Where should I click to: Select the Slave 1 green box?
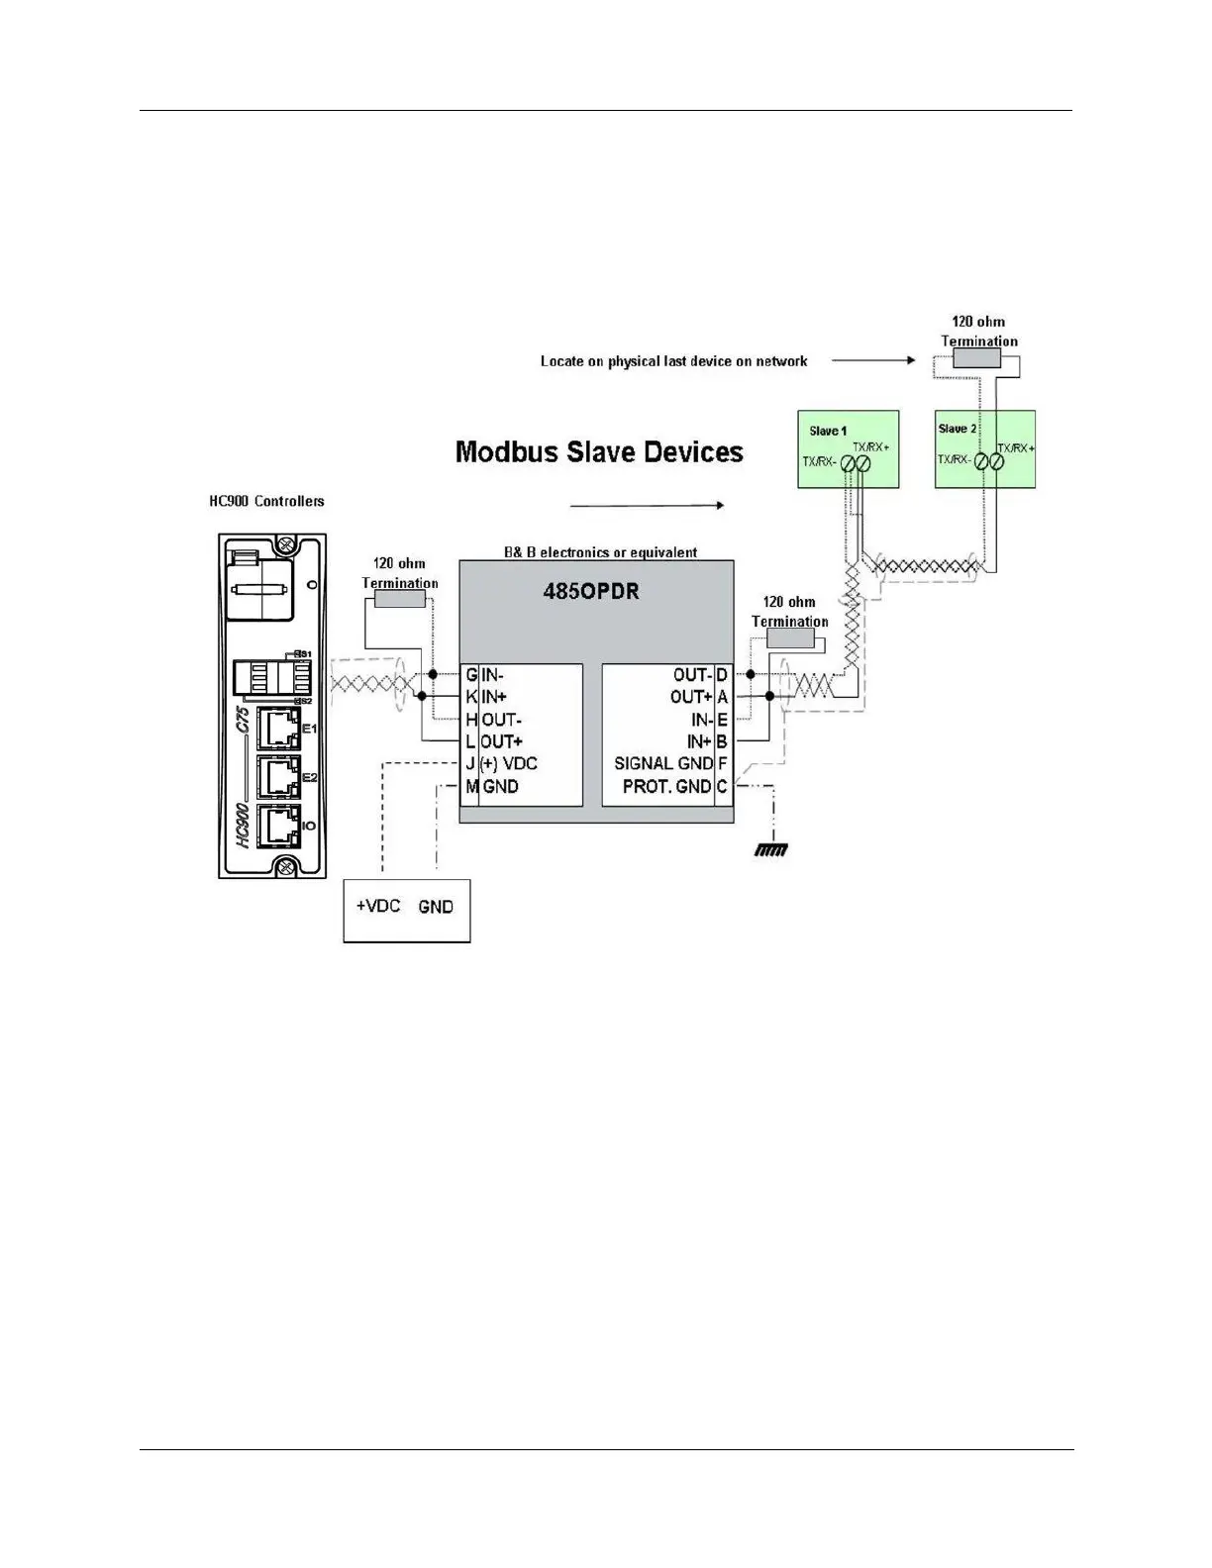[x=849, y=448]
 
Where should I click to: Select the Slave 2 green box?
[x=985, y=448]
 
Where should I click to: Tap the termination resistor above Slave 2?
[x=976, y=359]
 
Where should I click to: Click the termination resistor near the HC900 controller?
[x=399, y=599]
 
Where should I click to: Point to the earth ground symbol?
[x=770, y=848]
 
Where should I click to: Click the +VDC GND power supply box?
[x=406, y=909]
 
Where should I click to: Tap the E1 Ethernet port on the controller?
[x=278, y=729]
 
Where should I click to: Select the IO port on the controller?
[x=278, y=826]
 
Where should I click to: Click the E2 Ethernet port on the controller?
[x=278, y=778]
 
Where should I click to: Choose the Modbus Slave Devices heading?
[x=599, y=452]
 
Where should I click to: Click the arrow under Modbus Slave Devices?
[x=648, y=505]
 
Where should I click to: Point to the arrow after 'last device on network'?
[x=873, y=361]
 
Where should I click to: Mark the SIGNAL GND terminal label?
[x=662, y=763]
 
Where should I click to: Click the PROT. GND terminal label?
[x=666, y=786]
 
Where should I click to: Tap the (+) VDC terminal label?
[x=508, y=764]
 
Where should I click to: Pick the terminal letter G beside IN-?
[x=471, y=675]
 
